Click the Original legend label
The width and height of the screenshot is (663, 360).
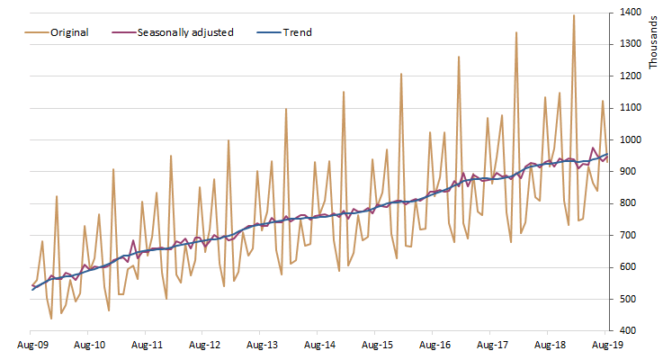coord(69,32)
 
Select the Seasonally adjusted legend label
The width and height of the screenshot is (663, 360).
coord(185,32)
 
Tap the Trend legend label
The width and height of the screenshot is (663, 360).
coord(297,32)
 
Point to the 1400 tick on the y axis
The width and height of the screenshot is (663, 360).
coord(630,13)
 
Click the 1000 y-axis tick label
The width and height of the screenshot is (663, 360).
coord(630,139)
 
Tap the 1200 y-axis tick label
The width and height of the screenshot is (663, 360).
coord(630,76)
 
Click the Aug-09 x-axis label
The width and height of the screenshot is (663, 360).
coord(32,345)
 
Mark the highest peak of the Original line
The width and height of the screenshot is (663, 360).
coord(573,15)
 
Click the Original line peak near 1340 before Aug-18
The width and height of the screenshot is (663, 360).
coord(515,32)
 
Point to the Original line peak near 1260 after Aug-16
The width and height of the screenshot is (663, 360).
coord(458,57)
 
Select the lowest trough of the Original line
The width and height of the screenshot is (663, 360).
coord(51,319)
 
